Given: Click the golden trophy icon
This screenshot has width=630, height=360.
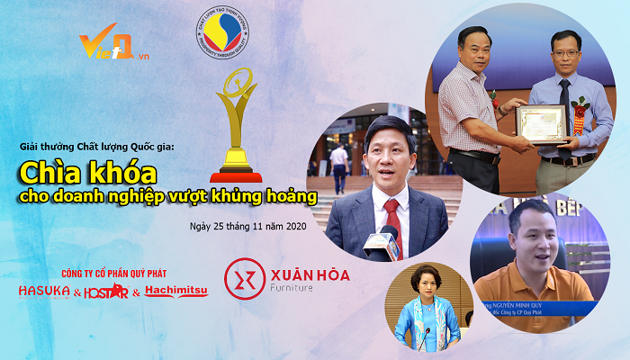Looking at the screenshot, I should point(236,131).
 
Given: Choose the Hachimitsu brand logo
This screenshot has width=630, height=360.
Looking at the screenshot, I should point(176,292).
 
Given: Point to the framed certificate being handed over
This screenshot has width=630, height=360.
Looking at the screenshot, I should point(541,122).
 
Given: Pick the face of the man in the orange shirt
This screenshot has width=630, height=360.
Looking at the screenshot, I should point(525,235).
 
